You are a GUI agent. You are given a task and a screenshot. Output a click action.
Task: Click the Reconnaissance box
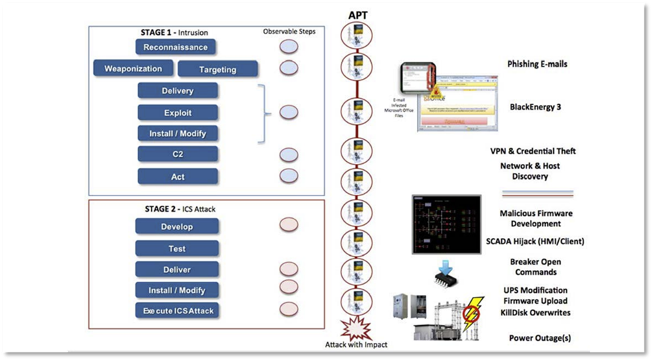coord(176,47)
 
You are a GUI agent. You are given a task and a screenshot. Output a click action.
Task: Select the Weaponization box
coord(133,69)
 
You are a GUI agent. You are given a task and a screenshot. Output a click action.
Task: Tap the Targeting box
coord(217,69)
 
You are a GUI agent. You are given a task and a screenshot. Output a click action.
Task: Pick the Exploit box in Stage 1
coord(178,112)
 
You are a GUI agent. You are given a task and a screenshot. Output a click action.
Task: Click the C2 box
coord(178,154)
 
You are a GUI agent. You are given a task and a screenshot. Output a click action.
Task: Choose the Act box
coord(178,176)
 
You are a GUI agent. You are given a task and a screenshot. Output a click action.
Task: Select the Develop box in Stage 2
coord(177,226)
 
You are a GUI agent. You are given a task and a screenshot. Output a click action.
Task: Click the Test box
coord(177,248)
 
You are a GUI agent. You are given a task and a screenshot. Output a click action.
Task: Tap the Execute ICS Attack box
coord(178,311)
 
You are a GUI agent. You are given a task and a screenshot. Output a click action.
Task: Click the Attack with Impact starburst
coord(357,330)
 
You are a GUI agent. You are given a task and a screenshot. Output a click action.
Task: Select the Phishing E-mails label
coord(538,64)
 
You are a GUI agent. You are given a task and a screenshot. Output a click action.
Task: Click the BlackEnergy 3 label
coord(536,107)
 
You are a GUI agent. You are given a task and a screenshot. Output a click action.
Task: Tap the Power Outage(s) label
coord(540,337)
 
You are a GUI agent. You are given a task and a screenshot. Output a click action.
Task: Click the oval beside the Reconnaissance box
coord(289,47)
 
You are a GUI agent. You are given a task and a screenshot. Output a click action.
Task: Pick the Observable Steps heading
coord(289,32)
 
